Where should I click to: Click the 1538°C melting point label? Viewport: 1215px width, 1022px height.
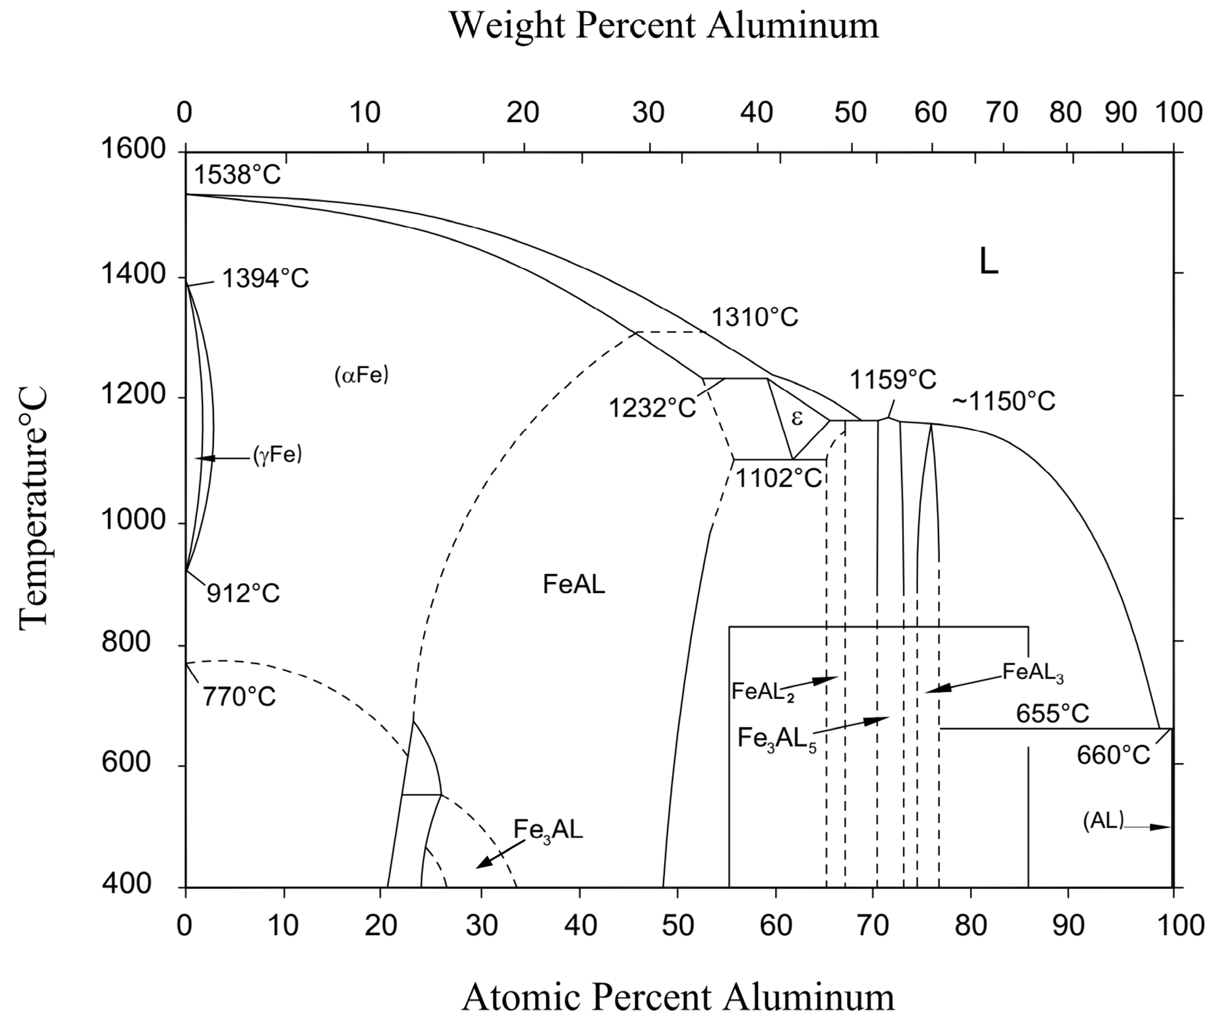point(237,175)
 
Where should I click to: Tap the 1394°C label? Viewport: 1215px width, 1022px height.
point(266,279)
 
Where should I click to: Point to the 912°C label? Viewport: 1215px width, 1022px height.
point(244,593)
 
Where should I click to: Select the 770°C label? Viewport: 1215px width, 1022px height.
point(239,697)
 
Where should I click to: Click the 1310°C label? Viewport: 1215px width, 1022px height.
point(755,318)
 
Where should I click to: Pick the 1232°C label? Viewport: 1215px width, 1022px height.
point(652,408)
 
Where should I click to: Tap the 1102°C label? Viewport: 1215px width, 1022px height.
point(778,479)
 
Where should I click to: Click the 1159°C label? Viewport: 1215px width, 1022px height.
point(893,380)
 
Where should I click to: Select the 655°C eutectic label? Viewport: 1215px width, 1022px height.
point(1052,713)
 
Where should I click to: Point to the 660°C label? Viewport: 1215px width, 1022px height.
point(1113,756)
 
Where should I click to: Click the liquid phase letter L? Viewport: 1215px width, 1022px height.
point(988,262)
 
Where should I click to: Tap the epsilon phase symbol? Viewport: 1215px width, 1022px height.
point(797,418)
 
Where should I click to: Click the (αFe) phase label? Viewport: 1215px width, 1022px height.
point(361,375)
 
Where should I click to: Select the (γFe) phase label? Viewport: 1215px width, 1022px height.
point(277,456)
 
